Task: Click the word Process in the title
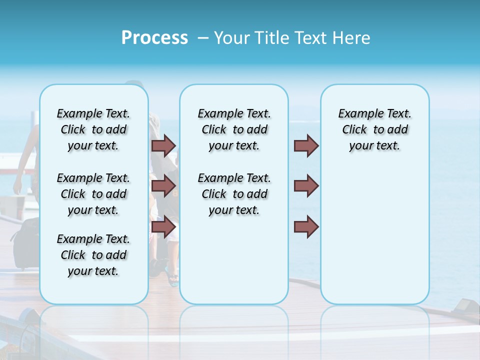click(x=154, y=38)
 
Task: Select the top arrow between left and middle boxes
click(x=163, y=145)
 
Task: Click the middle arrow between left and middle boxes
click(x=163, y=186)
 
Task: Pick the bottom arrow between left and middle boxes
click(x=163, y=226)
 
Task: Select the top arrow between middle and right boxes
click(x=306, y=145)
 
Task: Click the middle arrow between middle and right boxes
click(x=306, y=186)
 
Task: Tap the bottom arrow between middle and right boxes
click(x=306, y=226)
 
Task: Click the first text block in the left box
click(x=93, y=129)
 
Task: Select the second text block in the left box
click(x=93, y=194)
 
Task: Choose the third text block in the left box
click(x=93, y=255)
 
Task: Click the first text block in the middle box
click(x=234, y=129)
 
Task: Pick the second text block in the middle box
click(x=234, y=194)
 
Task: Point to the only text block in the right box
click(x=374, y=129)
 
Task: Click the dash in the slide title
click(x=202, y=38)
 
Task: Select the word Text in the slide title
click(x=310, y=38)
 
